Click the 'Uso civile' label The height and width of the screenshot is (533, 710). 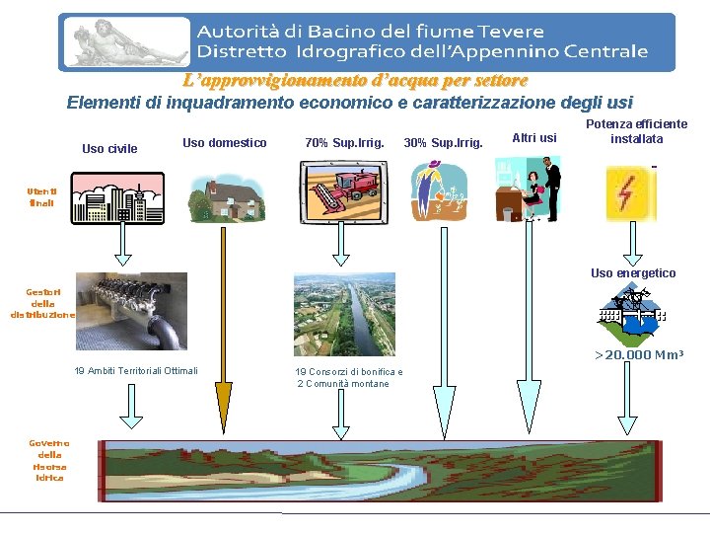coord(109,149)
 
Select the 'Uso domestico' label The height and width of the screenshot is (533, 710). coord(225,143)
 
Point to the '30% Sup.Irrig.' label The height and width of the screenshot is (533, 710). coord(444,143)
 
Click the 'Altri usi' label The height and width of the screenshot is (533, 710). coord(534,138)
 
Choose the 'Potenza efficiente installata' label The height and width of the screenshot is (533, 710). coord(636,131)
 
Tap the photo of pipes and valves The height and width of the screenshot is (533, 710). coord(131,310)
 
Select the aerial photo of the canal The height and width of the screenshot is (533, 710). coord(344,314)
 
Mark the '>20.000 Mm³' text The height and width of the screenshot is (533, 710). coord(638,355)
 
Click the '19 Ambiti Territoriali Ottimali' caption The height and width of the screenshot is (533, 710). coord(136,371)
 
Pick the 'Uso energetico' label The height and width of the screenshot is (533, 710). coord(633,273)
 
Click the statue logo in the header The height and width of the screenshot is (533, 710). coord(125,42)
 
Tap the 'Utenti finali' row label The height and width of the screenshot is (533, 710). coord(42,196)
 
